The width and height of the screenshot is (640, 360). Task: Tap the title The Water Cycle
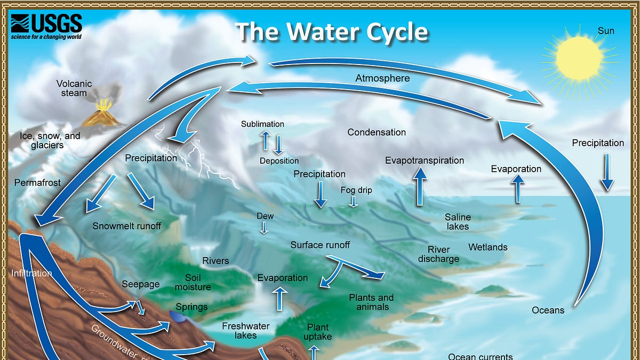pos(332,32)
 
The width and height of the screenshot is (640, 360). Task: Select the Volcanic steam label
pos(74,88)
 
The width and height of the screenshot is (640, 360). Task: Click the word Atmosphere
pos(382,78)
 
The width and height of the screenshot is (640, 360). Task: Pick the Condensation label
pos(377,132)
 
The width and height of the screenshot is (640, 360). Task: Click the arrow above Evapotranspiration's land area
pos(420,186)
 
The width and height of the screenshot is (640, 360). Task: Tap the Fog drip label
pos(356,190)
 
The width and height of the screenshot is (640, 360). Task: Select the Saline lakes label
pos(458,221)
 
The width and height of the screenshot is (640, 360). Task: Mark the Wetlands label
pos(487,247)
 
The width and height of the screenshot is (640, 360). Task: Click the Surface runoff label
pos(320,245)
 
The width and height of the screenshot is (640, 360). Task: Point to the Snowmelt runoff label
pos(126,226)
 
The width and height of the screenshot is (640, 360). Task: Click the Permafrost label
pos(37,182)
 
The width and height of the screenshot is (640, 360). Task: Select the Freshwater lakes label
pos(246,331)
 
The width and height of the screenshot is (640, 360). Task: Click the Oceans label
pos(548,310)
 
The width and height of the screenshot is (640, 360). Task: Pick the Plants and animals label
pos(371,302)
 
